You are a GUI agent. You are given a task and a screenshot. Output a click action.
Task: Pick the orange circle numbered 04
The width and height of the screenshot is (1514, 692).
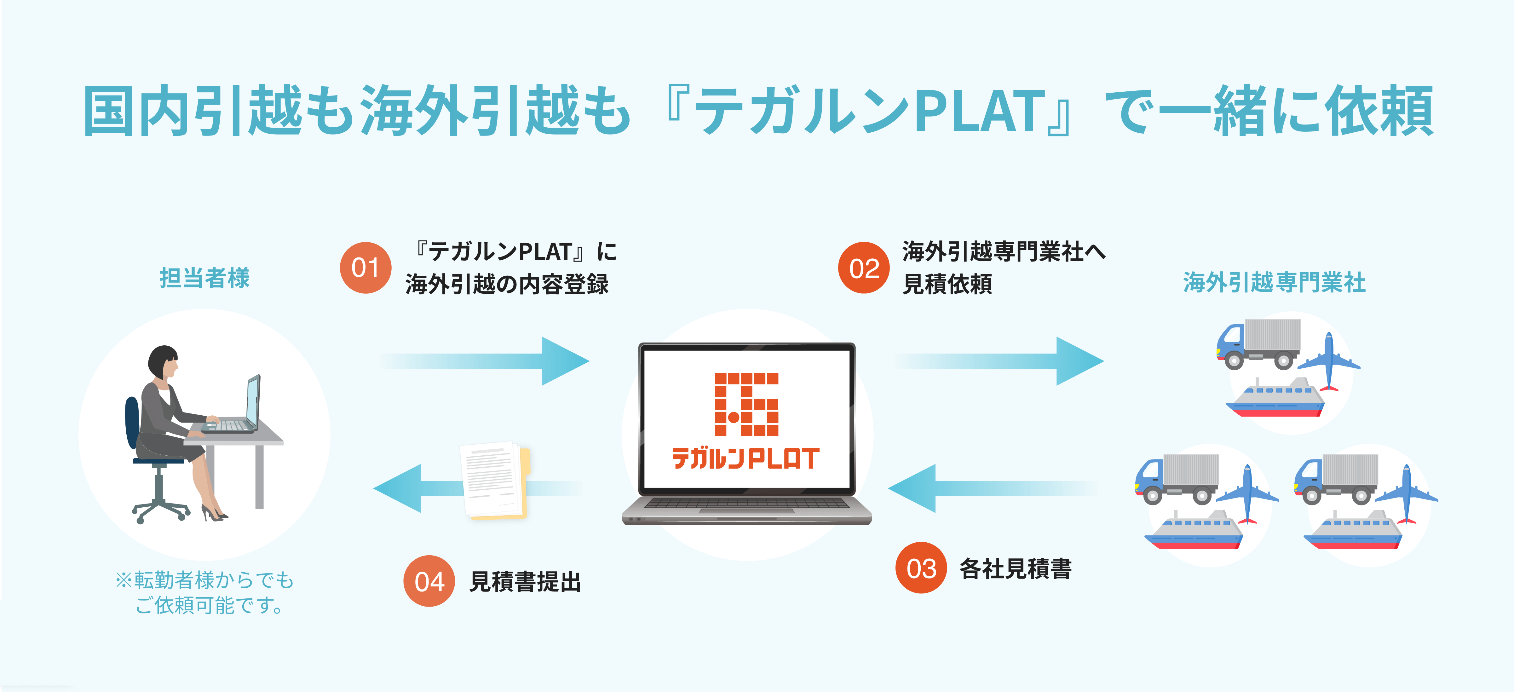click(429, 581)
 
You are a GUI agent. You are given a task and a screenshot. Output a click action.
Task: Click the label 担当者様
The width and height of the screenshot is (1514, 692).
click(204, 278)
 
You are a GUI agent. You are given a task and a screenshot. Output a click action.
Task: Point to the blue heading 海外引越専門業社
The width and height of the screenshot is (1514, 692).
click(1274, 282)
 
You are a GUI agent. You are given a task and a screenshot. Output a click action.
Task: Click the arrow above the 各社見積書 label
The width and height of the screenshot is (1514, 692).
click(993, 488)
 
